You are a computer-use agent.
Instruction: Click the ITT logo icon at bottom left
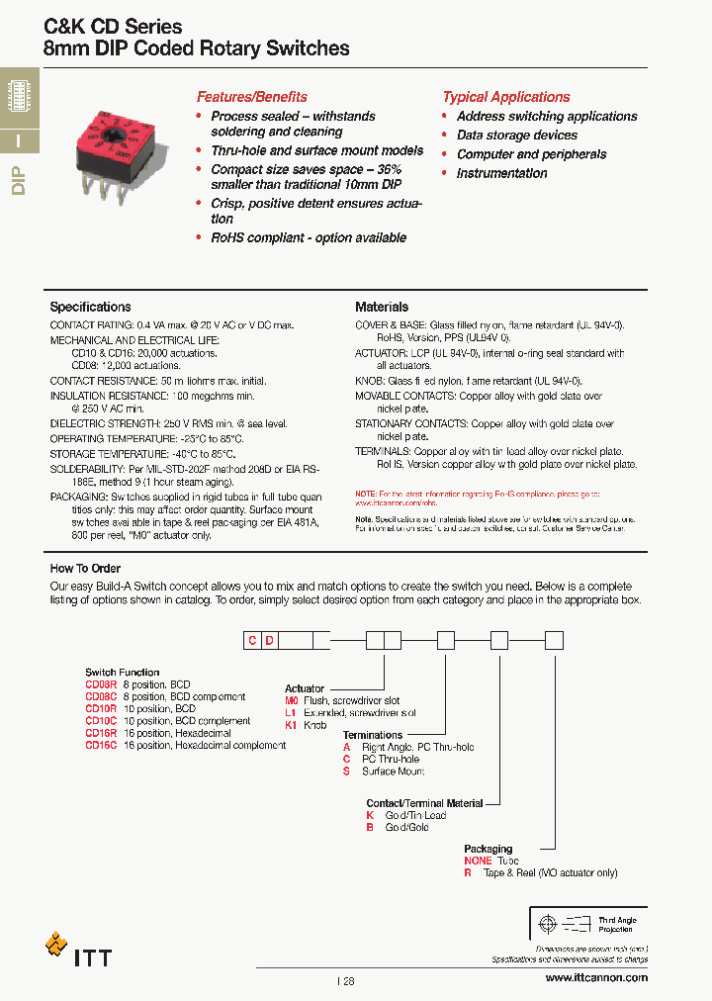pyautogui.click(x=56, y=945)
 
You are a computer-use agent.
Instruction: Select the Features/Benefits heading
pyautogui.click(x=251, y=97)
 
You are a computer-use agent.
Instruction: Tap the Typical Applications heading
pyautogui.click(x=505, y=97)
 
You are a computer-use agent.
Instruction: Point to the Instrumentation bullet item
pyautogui.click(x=501, y=173)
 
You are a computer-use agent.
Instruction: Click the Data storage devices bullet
pyautogui.click(x=516, y=135)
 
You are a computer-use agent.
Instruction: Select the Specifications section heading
pyautogui.click(x=90, y=307)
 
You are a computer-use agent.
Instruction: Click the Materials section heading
pyautogui.click(x=382, y=307)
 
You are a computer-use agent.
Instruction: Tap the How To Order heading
pyautogui.click(x=85, y=569)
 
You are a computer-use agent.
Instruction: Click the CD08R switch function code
pyautogui.click(x=101, y=684)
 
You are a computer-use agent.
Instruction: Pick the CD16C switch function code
pyautogui.click(x=101, y=745)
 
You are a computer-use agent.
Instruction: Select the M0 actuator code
pyautogui.click(x=292, y=700)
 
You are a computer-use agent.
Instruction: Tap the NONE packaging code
pyautogui.click(x=478, y=861)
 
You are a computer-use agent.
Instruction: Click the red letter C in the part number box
pyautogui.click(x=253, y=641)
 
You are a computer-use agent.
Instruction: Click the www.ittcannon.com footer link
pyautogui.click(x=596, y=977)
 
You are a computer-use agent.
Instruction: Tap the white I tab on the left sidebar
pyautogui.click(x=19, y=140)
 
